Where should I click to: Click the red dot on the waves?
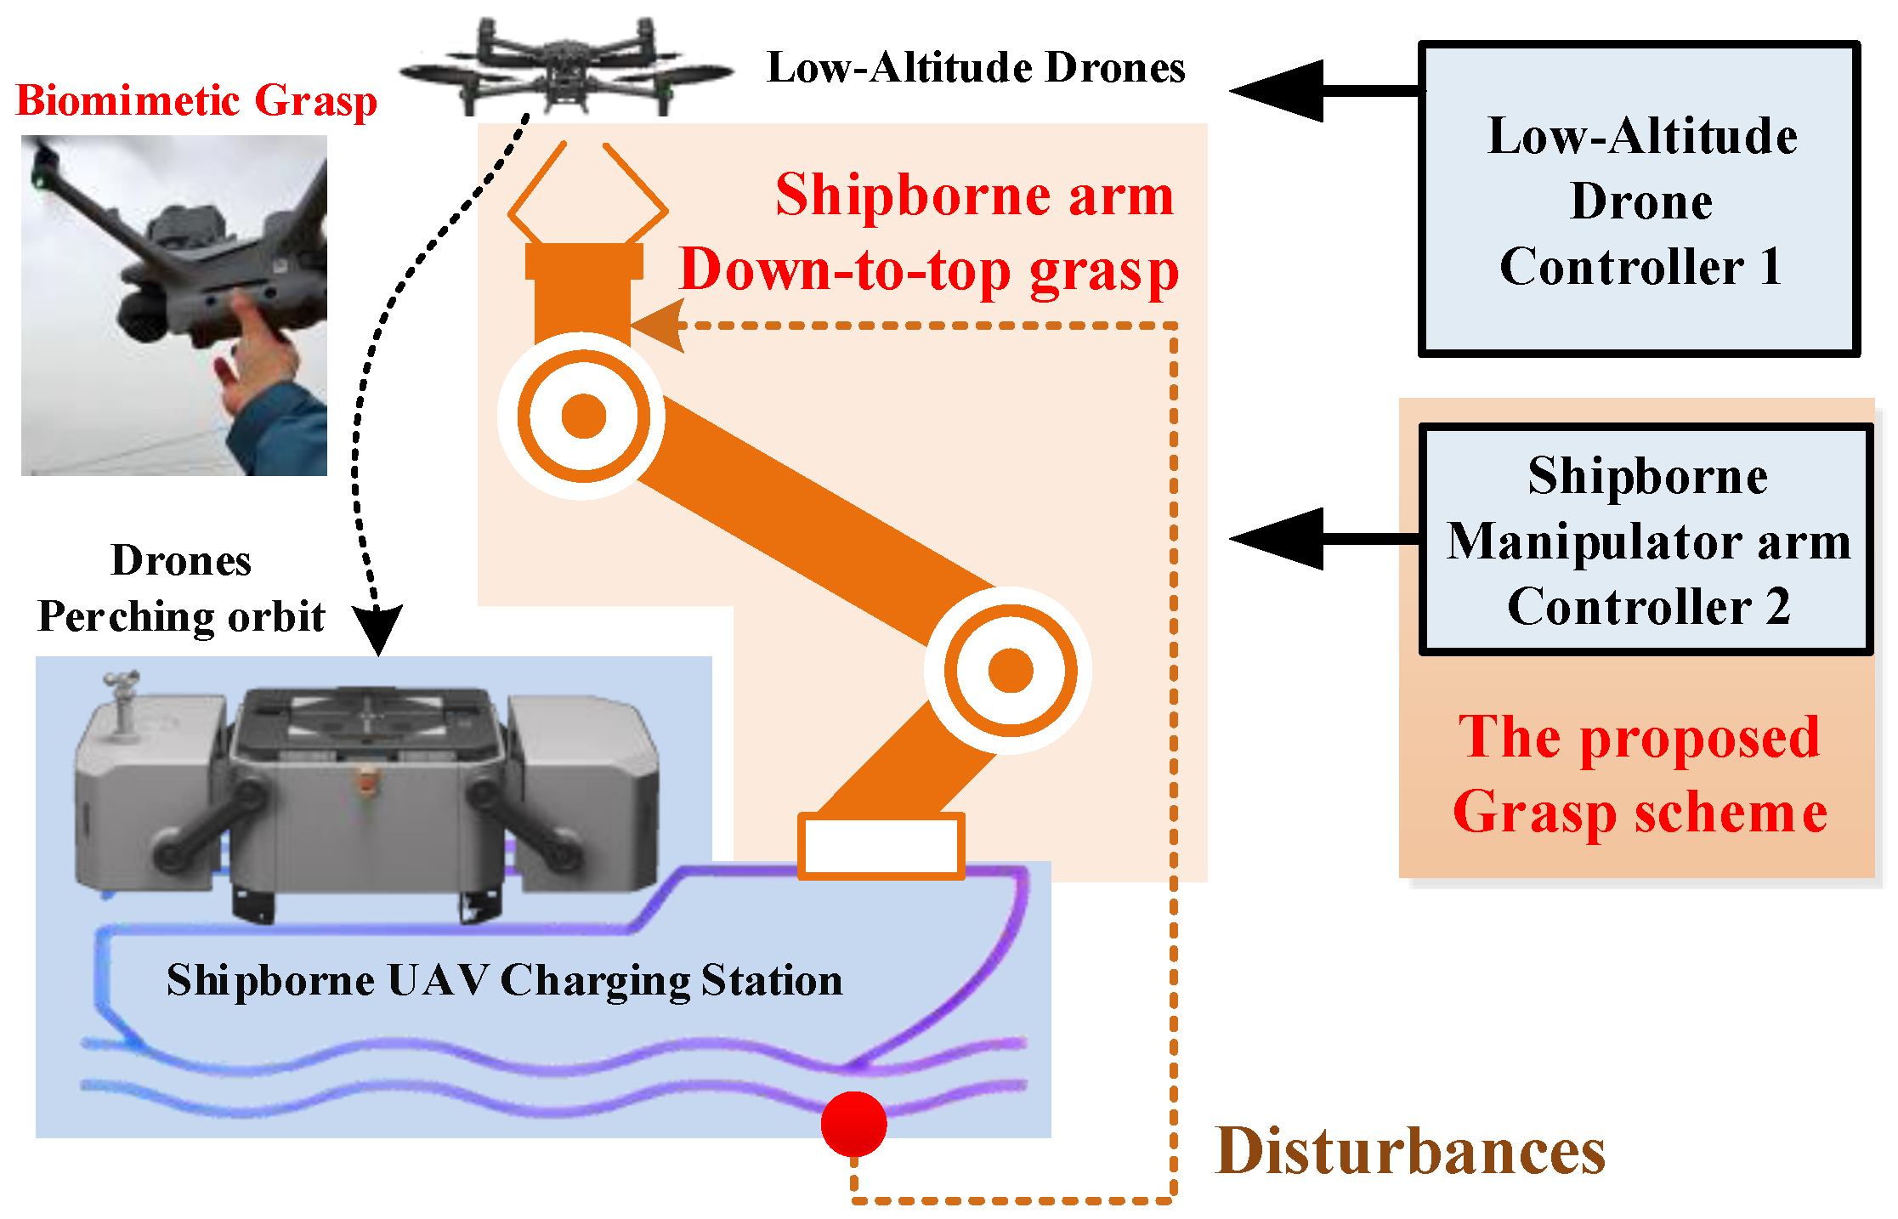(853, 1123)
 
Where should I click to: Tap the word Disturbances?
(1410, 1152)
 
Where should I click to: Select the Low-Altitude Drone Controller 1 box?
(1639, 200)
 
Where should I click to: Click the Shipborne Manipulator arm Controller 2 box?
(1646, 541)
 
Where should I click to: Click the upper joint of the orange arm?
(583, 416)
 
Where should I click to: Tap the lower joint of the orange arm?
(1010, 670)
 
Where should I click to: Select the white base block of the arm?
(881, 845)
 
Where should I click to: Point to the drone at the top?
(566, 68)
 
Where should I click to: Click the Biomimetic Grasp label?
(196, 101)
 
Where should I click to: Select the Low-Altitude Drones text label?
(975, 68)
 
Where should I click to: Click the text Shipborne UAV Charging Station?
(504, 980)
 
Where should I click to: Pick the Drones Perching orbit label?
(181, 588)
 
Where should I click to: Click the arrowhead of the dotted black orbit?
(377, 630)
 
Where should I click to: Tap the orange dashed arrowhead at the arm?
(659, 326)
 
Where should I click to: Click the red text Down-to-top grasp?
(928, 271)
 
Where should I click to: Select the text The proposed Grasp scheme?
(1639, 774)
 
